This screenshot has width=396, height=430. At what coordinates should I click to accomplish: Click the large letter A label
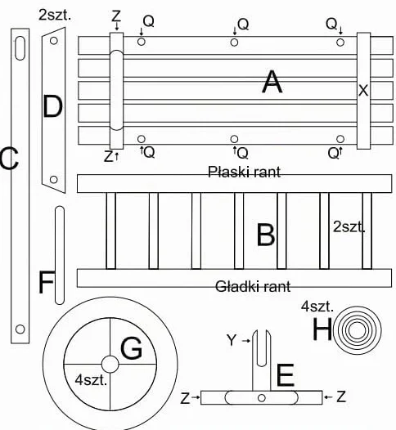click(272, 82)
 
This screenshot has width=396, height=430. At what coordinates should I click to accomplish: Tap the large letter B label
click(266, 235)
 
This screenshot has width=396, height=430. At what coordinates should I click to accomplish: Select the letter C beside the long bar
click(9, 159)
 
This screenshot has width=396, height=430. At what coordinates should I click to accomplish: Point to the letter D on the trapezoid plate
click(52, 106)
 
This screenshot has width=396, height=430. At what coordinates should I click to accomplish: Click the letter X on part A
click(363, 91)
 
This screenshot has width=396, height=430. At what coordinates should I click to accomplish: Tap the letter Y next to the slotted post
click(232, 340)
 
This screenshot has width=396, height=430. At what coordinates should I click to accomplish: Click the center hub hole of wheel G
click(110, 365)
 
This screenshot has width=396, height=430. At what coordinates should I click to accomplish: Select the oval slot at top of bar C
click(20, 48)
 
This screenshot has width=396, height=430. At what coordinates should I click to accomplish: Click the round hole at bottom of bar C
click(20, 329)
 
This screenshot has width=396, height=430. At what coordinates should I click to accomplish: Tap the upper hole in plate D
click(54, 41)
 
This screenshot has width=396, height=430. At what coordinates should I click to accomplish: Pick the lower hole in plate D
click(54, 180)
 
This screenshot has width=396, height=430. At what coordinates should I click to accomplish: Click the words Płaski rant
click(244, 172)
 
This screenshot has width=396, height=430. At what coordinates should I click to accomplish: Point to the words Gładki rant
click(253, 287)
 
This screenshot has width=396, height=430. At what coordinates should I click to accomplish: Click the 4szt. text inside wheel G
click(91, 380)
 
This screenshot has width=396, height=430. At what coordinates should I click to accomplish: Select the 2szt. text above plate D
click(55, 15)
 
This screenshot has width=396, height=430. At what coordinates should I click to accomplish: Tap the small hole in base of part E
click(262, 397)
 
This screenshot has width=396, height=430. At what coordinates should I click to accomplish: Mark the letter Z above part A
click(116, 16)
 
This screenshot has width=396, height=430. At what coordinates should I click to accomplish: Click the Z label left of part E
click(185, 398)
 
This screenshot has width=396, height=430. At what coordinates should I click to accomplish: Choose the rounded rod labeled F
click(60, 255)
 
